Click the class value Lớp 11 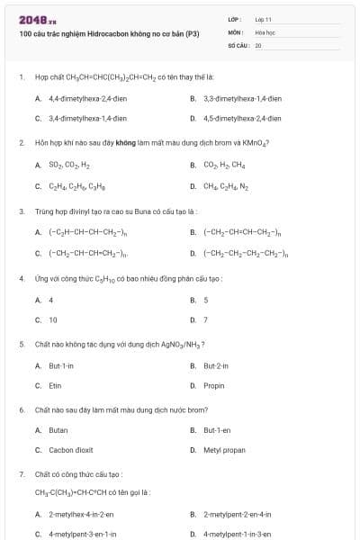[x=263, y=19]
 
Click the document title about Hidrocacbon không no [x=109, y=33]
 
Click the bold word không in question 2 [x=124, y=142]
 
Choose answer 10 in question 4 [x=53, y=319]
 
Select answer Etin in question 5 [x=55, y=385]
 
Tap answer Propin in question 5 [x=214, y=385]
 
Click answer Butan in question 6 [x=58, y=430]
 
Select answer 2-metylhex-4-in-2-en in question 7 [x=81, y=514]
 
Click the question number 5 [x=21, y=344]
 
